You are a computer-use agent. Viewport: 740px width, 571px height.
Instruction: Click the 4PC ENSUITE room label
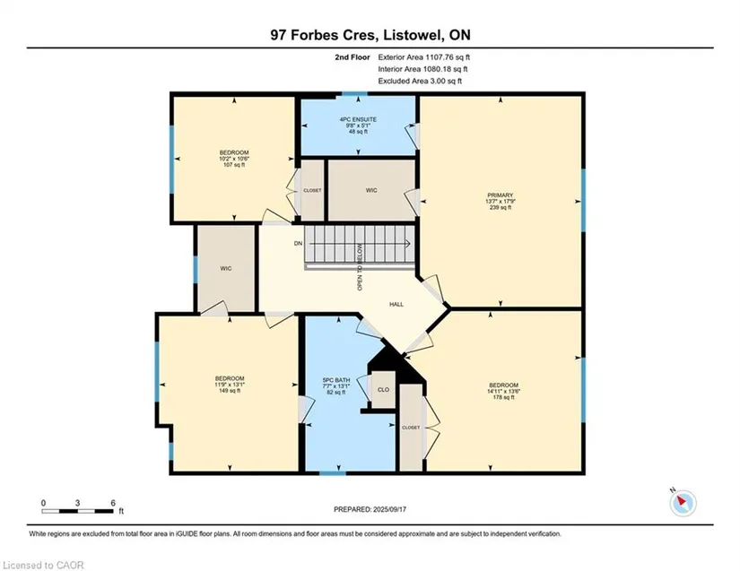pos(358,119)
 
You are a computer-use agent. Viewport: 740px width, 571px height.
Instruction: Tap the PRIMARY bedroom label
pos(501,195)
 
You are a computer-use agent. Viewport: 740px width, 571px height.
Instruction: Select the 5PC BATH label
pos(336,380)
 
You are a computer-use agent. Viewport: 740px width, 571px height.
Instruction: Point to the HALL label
pos(396,305)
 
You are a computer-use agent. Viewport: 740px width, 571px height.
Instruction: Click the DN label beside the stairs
pos(299,244)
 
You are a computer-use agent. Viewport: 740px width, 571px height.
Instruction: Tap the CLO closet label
pos(383,390)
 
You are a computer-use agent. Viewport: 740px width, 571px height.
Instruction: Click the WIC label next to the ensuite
pos(371,191)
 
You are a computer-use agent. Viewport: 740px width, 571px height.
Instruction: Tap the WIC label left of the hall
pos(226,269)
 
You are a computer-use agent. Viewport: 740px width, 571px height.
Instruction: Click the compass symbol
pos(683,503)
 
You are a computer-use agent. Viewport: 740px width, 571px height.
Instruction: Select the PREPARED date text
pos(370,509)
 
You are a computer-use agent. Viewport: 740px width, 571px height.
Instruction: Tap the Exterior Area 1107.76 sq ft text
pos(423,57)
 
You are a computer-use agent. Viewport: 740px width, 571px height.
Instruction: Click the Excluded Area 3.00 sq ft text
pos(420,81)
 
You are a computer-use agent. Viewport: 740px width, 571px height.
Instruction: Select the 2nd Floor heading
pos(353,57)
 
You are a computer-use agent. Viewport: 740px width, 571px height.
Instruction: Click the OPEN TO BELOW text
pos(360,267)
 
